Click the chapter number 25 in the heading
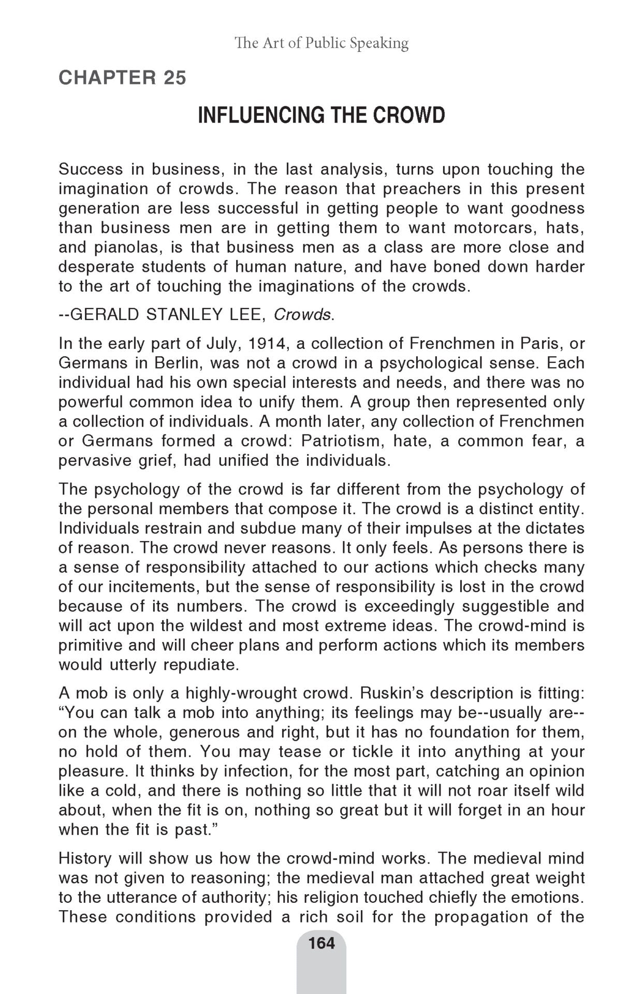click(174, 78)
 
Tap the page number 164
click(321, 943)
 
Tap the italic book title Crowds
click(303, 314)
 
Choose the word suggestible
click(505, 606)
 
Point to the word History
click(84, 858)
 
